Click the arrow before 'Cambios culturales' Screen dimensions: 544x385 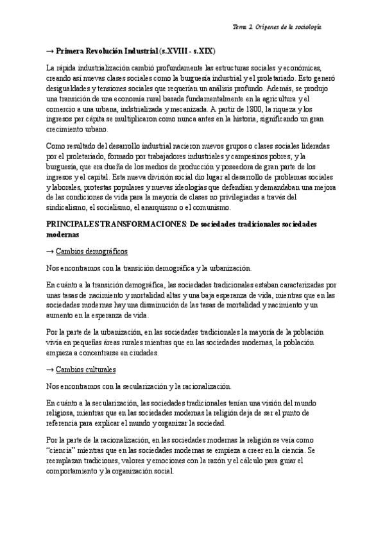click(x=51, y=370)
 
